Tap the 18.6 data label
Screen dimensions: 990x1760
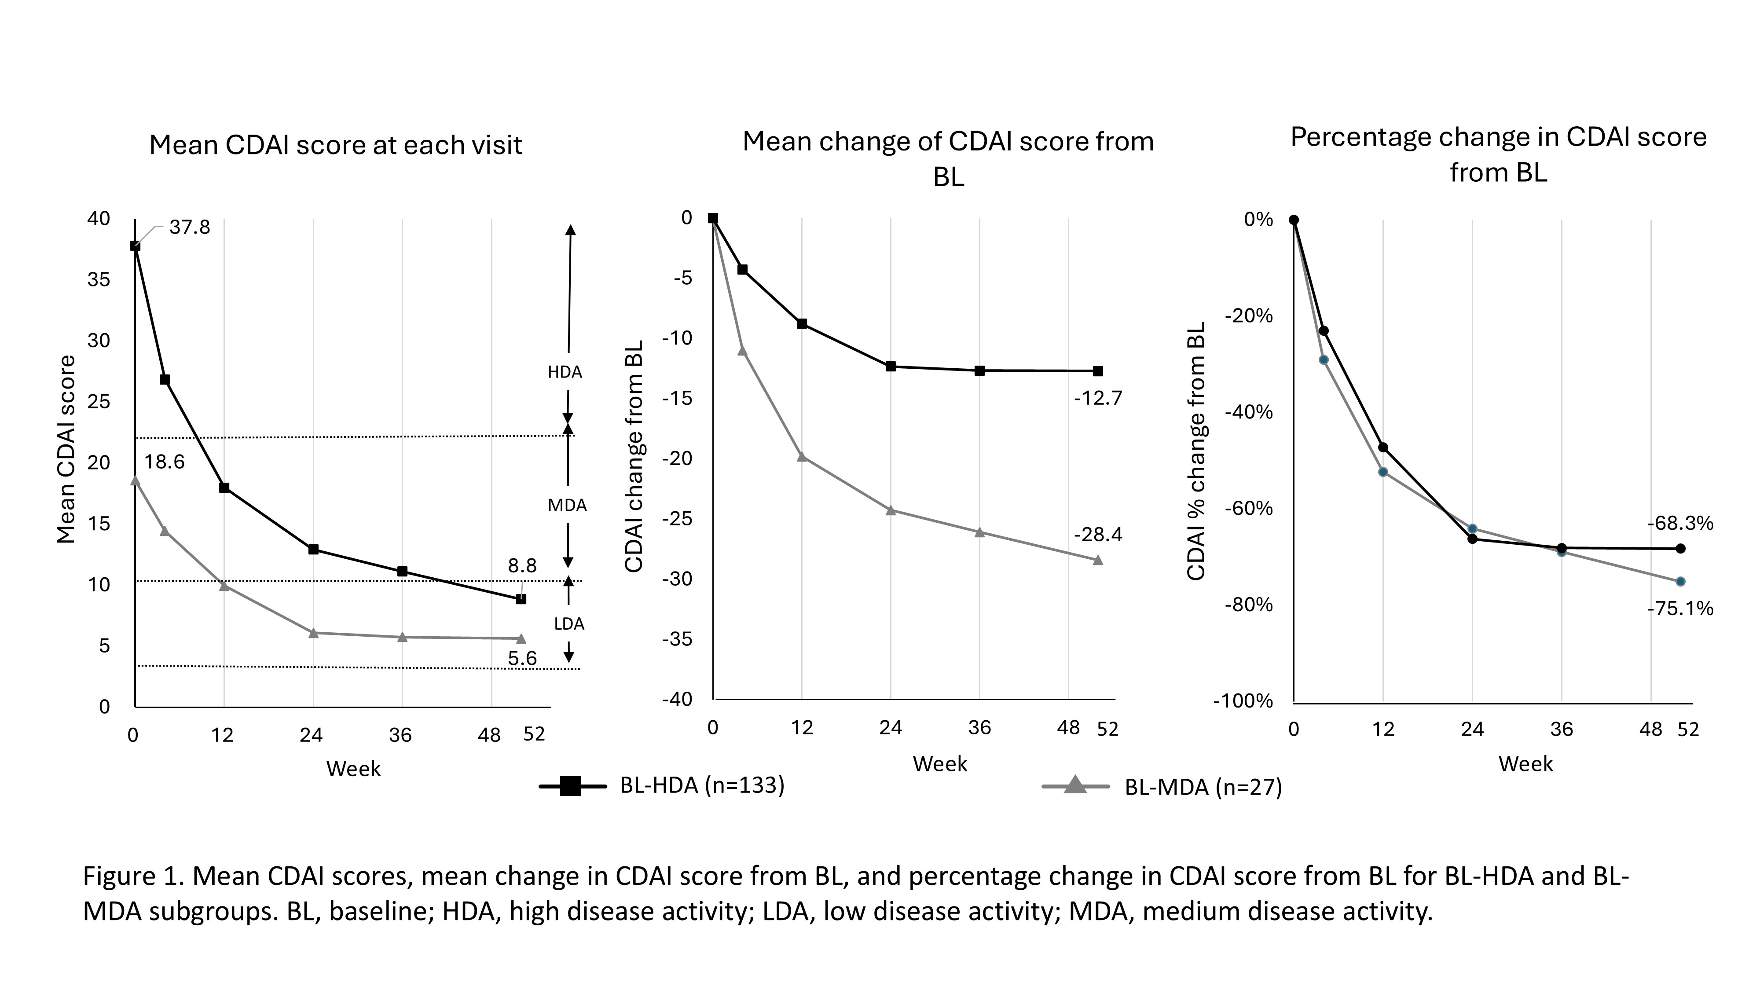point(165,462)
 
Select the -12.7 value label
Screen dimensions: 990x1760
point(1098,398)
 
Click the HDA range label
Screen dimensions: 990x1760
point(565,372)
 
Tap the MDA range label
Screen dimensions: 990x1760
point(567,506)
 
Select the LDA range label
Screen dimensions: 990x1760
point(569,624)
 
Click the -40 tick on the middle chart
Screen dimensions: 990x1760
point(677,699)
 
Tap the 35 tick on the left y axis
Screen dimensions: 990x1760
point(99,279)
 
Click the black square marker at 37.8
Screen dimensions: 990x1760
point(135,246)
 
